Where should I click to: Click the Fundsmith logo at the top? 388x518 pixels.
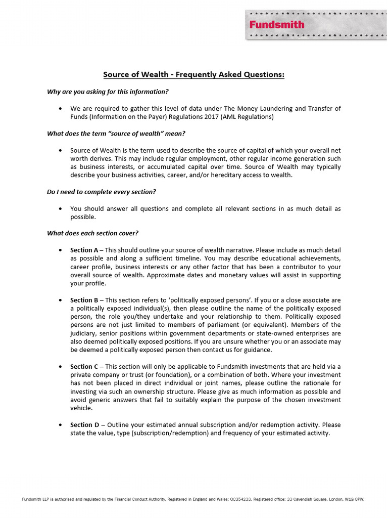pyautogui.click(x=276, y=24)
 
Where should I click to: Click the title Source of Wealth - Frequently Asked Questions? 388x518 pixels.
pyautogui.click(x=194, y=75)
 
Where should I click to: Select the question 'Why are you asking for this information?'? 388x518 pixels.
pyautogui.click(x=108, y=92)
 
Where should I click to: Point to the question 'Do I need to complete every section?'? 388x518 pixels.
pyautogui.click(x=102, y=192)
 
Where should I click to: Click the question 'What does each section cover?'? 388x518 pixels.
pyautogui.click(x=92, y=233)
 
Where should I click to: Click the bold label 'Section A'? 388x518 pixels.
pyautogui.click(x=84, y=250)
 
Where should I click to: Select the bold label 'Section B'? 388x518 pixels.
pyautogui.click(x=84, y=300)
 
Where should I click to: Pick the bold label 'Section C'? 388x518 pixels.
pyautogui.click(x=84, y=367)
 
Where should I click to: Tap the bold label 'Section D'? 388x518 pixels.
pyautogui.click(x=84, y=424)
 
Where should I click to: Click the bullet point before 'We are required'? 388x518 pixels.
pyautogui.click(x=61, y=109)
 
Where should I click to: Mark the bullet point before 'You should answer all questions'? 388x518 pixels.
pyautogui.click(x=61, y=208)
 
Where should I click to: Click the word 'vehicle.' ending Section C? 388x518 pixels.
pyautogui.click(x=81, y=408)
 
